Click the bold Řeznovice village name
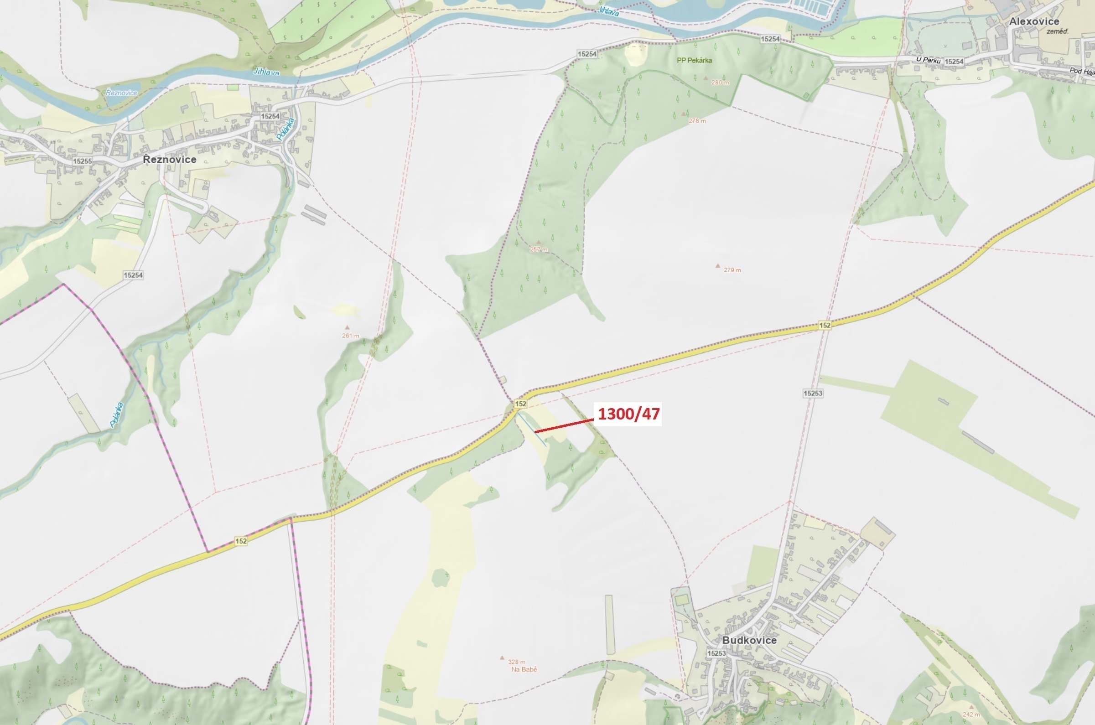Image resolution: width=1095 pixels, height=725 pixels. pyautogui.click(x=169, y=160)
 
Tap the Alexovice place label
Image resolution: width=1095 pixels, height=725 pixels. pyautogui.click(x=1034, y=21)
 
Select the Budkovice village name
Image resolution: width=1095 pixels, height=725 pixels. pyautogui.click(x=749, y=640)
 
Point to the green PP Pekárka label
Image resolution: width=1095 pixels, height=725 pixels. pyautogui.click(x=694, y=60)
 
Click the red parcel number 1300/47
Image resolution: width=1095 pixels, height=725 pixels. pyautogui.click(x=628, y=414)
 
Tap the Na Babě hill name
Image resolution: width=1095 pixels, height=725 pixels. pyautogui.click(x=524, y=669)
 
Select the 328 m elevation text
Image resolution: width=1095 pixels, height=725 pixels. pyautogui.click(x=517, y=662)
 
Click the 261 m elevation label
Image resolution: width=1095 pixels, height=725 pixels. pyautogui.click(x=351, y=336)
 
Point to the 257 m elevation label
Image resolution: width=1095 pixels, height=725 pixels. pyautogui.click(x=539, y=249)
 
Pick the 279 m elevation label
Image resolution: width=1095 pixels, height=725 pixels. pyautogui.click(x=732, y=270)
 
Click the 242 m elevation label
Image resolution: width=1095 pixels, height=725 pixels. pyautogui.click(x=970, y=715)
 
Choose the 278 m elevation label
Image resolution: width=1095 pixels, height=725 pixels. pyautogui.click(x=697, y=121)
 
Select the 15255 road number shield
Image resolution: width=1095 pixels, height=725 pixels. pyautogui.click(x=82, y=161)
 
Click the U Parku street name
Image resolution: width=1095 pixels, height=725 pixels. pyautogui.click(x=928, y=60)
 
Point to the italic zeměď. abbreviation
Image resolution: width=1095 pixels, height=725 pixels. pyautogui.click(x=1058, y=31)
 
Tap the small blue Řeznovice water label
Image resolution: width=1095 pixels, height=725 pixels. pyautogui.click(x=121, y=93)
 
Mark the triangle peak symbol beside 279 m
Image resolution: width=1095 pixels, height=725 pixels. pyautogui.click(x=718, y=266)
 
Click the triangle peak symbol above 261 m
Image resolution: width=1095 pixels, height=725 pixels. pyautogui.click(x=347, y=327)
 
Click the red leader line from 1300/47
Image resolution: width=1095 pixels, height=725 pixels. pyautogui.click(x=564, y=426)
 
